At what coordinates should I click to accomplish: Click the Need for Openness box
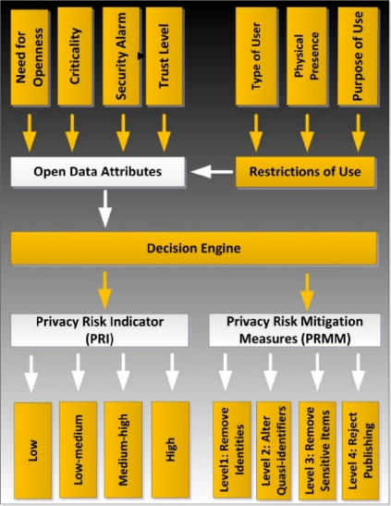coord(30,56)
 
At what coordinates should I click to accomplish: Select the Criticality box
coord(75,56)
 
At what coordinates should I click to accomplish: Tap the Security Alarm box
coord(121,56)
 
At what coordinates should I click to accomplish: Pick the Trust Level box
coord(164,56)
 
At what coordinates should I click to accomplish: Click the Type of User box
coord(256,56)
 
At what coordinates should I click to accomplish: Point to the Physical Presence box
coord(307,56)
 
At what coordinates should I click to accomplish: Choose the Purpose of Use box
coord(358,56)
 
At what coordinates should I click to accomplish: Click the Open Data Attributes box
coord(98,171)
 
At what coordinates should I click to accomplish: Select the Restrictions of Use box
coord(305,172)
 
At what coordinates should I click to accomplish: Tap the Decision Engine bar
coord(194,248)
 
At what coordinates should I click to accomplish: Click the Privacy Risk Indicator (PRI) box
coord(100,330)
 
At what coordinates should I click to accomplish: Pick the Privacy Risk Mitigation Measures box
coord(295,330)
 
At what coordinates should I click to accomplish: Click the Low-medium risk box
coord(78,450)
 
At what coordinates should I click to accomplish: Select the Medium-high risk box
coord(123,450)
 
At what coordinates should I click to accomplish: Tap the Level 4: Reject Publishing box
coord(360,450)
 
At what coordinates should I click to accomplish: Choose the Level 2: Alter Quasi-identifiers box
coord(274,450)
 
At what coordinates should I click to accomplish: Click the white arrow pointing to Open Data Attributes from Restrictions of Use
coord(212,172)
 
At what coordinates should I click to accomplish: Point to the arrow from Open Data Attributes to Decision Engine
coord(105,208)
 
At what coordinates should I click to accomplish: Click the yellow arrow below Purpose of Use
coord(358,132)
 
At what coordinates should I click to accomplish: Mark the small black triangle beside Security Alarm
coord(141,56)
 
